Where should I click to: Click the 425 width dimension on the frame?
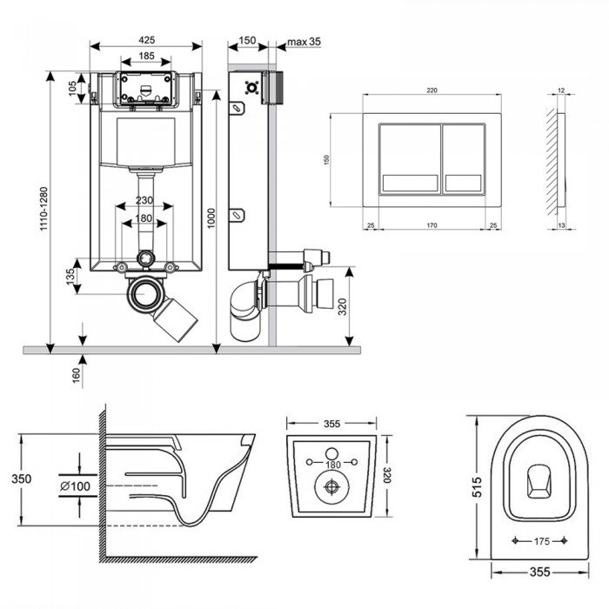tap(146, 40)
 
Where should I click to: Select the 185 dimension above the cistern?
tap(146, 57)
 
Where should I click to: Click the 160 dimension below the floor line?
tap(76, 375)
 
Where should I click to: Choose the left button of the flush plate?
tap(410, 158)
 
